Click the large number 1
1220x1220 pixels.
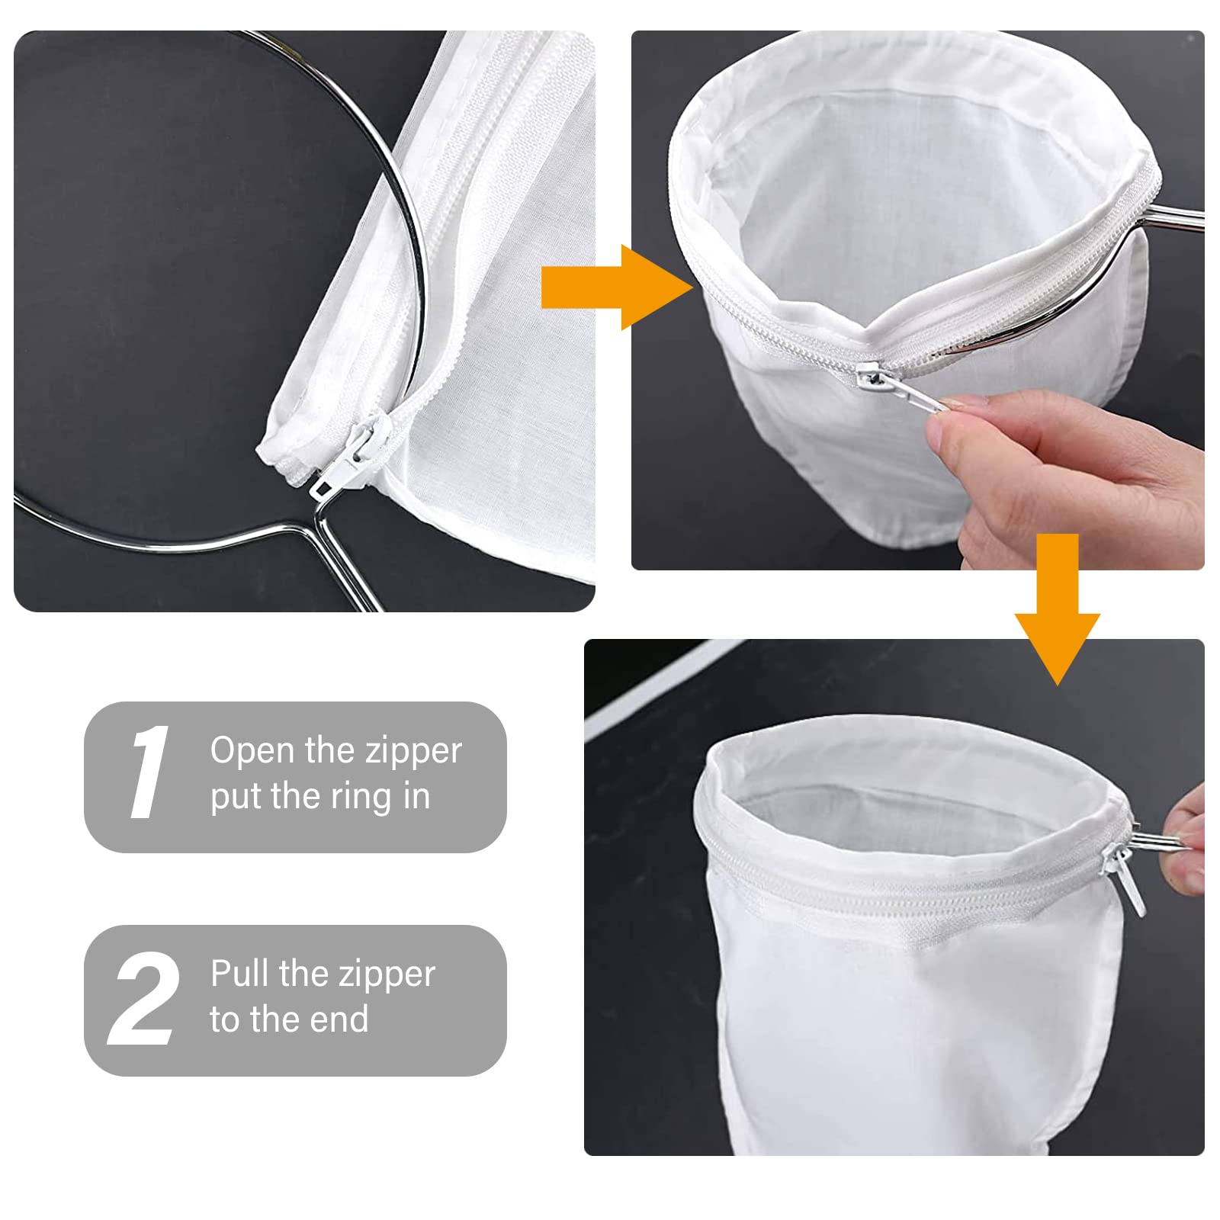coord(149,772)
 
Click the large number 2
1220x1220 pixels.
coord(144,999)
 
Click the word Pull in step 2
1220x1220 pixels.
coord(239,974)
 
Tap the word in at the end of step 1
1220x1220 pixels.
coord(416,796)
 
